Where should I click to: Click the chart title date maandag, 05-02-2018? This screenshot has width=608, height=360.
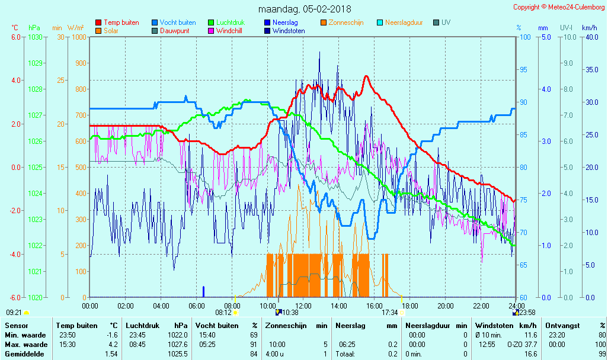(x=305, y=9)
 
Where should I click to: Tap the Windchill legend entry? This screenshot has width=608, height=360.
(x=228, y=31)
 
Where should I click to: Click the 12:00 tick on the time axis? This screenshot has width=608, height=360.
(x=303, y=306)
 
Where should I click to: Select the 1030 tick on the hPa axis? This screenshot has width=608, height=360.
(x=35, y=37)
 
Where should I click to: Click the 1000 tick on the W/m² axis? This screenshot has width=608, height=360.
(x=79, y=37)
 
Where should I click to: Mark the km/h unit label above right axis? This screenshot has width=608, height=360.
(x=589, y=28)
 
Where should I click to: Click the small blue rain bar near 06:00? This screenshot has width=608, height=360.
(x=203, y=291)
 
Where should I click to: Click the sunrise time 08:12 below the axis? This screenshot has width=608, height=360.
(x=223, y=313)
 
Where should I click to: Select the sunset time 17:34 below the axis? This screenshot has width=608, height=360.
(x=389, y=313)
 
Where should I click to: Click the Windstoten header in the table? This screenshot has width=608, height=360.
(x=494, y=326)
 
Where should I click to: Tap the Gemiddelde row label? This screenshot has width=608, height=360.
(x=25, y=354)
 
